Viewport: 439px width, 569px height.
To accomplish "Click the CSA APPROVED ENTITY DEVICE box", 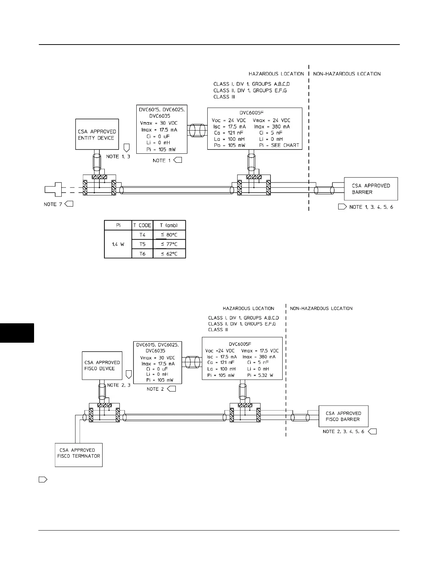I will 97,134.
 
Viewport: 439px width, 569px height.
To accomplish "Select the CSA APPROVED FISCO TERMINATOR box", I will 79,455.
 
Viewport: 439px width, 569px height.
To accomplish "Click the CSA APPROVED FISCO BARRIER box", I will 343,416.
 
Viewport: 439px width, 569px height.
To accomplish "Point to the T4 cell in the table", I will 142,235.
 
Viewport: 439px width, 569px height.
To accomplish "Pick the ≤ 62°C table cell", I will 169,254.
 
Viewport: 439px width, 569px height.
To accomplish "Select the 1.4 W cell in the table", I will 118,244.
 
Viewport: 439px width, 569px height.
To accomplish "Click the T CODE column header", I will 142,225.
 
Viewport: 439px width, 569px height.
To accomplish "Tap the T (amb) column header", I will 169,225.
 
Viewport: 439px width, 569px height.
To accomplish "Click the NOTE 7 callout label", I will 50,204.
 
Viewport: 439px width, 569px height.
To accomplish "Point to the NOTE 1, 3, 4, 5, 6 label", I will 371,207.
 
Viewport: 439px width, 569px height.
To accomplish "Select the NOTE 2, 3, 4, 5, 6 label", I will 343,431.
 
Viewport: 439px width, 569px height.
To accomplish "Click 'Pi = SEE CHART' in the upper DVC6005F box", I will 279,145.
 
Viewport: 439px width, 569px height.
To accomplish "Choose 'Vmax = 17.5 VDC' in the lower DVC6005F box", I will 260,351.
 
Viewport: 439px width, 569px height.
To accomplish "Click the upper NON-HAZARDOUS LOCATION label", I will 347,74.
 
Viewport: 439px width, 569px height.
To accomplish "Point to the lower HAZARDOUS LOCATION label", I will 248,308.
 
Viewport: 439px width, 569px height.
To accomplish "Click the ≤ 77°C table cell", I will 169,244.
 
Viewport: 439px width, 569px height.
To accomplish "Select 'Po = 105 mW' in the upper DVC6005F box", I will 229,145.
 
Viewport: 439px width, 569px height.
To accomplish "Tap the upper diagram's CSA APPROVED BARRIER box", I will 371,189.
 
